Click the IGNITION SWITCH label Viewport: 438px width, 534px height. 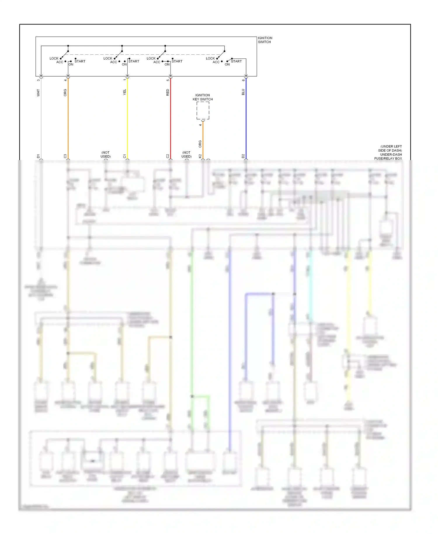click(265, 40)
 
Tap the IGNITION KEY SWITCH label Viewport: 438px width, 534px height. click(203, 97)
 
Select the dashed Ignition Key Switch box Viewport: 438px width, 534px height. click(203, 110)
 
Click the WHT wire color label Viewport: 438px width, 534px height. click(38, 93)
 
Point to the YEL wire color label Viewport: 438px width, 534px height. click(125, 92)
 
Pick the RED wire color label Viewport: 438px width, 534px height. click(168, 93)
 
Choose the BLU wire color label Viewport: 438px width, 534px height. click(243, 92)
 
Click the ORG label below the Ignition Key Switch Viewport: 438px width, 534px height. click(200, 144)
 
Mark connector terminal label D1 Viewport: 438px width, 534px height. click(38, 156)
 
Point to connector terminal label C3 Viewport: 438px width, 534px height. click(65, 156)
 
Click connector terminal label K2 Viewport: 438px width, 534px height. click(200, 156)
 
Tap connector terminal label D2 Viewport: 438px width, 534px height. click(243, 156)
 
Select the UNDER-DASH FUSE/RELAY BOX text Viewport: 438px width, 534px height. click(388, 157)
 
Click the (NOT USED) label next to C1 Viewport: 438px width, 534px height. click(106, 155)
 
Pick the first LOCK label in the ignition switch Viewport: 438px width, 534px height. click(54, 58)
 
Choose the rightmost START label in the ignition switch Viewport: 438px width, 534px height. click(236, 61)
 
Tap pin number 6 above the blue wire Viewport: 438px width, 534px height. click(243, 80)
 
